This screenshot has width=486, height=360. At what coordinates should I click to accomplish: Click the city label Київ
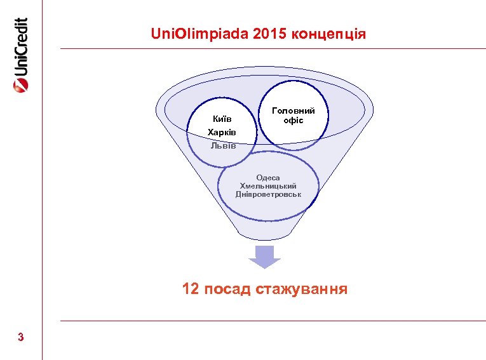pos(221,119)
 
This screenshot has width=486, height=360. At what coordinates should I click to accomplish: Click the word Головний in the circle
pos(293,110)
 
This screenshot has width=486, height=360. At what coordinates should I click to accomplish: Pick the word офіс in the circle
pos(293,120)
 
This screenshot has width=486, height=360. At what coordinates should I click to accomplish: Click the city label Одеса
pos(268,178)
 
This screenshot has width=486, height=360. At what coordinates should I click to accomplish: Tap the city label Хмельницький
pos(268,185)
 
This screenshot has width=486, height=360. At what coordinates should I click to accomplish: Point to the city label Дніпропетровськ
pos(268,193)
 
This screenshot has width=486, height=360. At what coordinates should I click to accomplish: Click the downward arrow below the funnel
pos(264,257)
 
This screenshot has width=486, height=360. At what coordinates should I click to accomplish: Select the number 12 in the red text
pos(190,290)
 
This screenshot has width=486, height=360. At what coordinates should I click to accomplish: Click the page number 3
pos(21,337)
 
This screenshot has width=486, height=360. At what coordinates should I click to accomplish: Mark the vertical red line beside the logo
pos(43,190)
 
